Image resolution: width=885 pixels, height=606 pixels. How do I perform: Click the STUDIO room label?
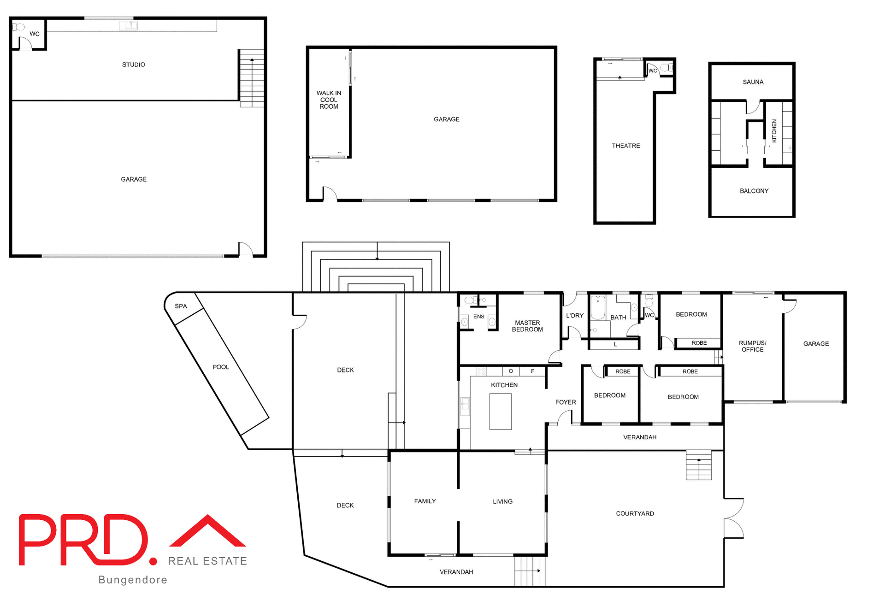click(133, 65)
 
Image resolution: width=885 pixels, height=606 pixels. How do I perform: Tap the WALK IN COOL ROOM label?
click(329, 100)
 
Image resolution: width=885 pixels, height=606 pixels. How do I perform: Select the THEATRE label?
click(625, 146)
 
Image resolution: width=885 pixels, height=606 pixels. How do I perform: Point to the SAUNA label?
click(753, 82)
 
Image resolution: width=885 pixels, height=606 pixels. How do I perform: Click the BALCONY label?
click(754, 191)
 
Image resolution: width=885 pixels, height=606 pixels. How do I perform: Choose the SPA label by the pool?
click(181, 306)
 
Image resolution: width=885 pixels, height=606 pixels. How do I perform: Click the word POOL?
click(220, 367)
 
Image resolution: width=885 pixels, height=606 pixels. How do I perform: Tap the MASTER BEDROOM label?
click(527, 326)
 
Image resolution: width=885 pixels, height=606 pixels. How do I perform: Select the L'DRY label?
click(574, 316)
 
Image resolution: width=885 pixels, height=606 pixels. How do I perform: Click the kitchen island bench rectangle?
click(500, 412)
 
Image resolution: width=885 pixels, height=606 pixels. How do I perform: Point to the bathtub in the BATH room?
click(598, 307)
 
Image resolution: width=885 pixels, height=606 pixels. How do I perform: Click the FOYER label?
click(565, 402)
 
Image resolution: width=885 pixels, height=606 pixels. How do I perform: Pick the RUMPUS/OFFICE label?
click(752, 346)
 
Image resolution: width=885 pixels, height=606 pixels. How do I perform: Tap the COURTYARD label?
click(635, 513)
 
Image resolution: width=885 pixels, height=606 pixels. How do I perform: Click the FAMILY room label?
click(425, 501)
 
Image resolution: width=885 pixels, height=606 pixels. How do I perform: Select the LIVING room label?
click(502, 501)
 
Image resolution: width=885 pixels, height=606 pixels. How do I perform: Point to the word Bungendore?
click(133, 580)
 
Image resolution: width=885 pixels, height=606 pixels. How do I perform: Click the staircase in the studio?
click(252, 78)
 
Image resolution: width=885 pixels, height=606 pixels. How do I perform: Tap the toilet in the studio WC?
click(18, 27)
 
